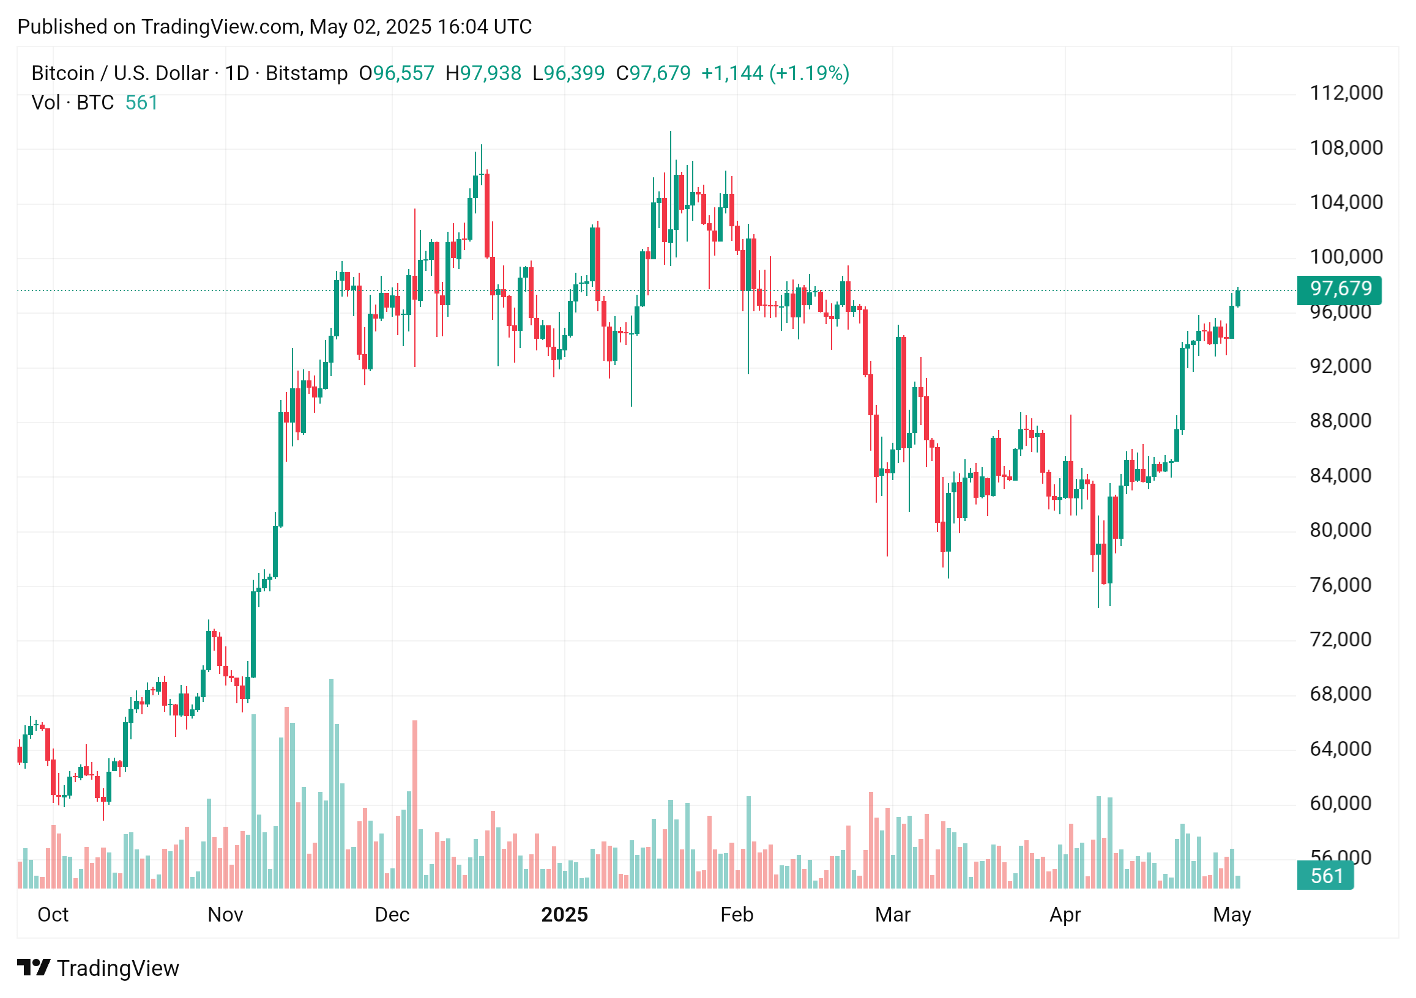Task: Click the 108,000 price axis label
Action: point(1346,148)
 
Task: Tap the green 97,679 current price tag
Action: point(1340,289)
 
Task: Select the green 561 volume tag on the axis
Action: point(1325,876)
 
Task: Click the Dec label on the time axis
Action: point(392,915)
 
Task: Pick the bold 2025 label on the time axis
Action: point(564,915)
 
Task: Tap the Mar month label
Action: point(892,915)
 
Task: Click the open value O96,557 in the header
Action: point(397,73)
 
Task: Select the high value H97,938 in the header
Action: point(483,73)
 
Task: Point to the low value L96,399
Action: point(568,73)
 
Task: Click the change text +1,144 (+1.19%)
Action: point(775,73)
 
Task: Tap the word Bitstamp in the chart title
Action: point(307,73)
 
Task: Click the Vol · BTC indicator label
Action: point(73,102)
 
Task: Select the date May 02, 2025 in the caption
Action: point(368,26)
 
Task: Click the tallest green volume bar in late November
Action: point(331,783)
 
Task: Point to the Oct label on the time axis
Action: point(53,915)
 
